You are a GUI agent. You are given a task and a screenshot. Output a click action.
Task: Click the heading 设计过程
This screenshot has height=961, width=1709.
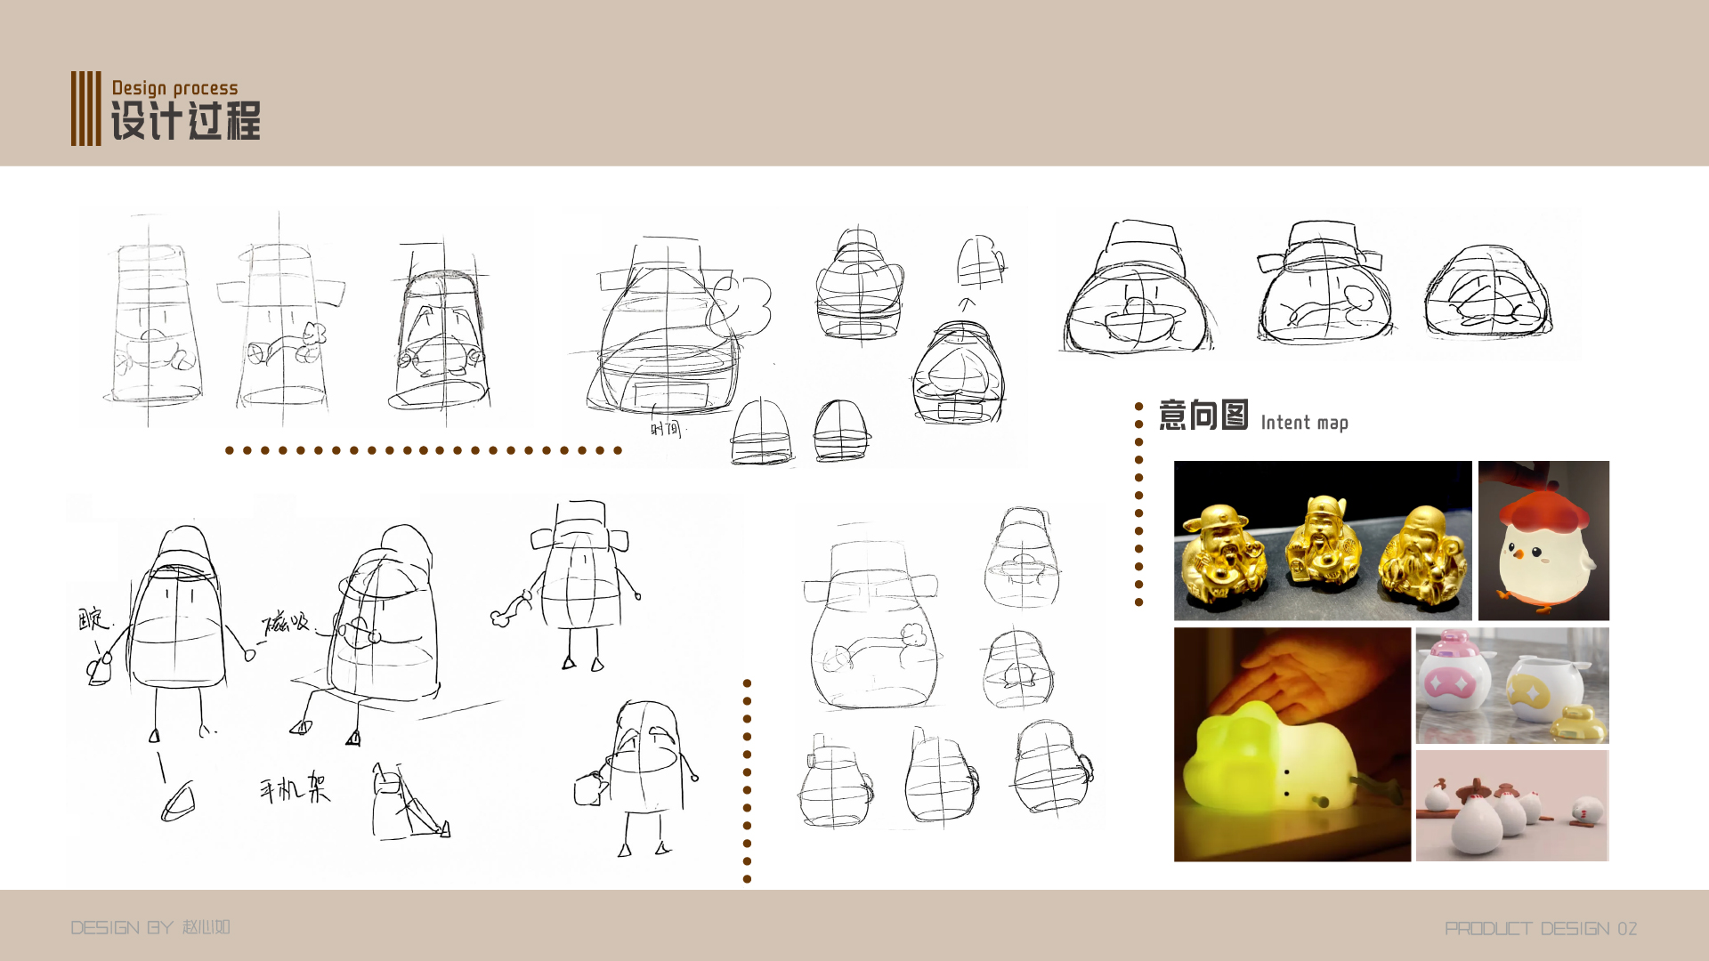[185, 121]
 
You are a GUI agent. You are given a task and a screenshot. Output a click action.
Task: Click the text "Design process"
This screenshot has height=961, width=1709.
[175, 88]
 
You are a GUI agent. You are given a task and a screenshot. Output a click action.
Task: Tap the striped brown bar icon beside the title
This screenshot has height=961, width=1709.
[85, 109]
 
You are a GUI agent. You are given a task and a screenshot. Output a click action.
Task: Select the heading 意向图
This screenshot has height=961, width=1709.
[1203, 416]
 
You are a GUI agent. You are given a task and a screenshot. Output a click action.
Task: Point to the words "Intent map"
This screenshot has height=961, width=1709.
[1304, 423]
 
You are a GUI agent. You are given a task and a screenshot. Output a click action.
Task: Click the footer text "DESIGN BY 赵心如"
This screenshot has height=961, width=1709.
[150, 927]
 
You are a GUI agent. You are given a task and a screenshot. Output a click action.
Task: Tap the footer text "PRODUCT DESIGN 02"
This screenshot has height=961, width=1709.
[1540, 929]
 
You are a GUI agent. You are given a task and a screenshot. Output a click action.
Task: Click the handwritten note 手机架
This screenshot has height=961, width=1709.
[295, 788]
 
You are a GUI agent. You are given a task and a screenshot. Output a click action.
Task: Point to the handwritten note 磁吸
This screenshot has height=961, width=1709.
[285, 622]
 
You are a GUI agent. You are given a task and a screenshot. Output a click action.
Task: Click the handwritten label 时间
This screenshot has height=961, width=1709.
[665, 429]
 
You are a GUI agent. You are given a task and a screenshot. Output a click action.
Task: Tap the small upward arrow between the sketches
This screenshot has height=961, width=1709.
[966, 304]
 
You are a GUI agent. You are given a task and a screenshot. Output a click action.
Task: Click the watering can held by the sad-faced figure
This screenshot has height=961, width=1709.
[589, 787]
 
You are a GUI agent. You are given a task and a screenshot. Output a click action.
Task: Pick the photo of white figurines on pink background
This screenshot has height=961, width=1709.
[1511, 805]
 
